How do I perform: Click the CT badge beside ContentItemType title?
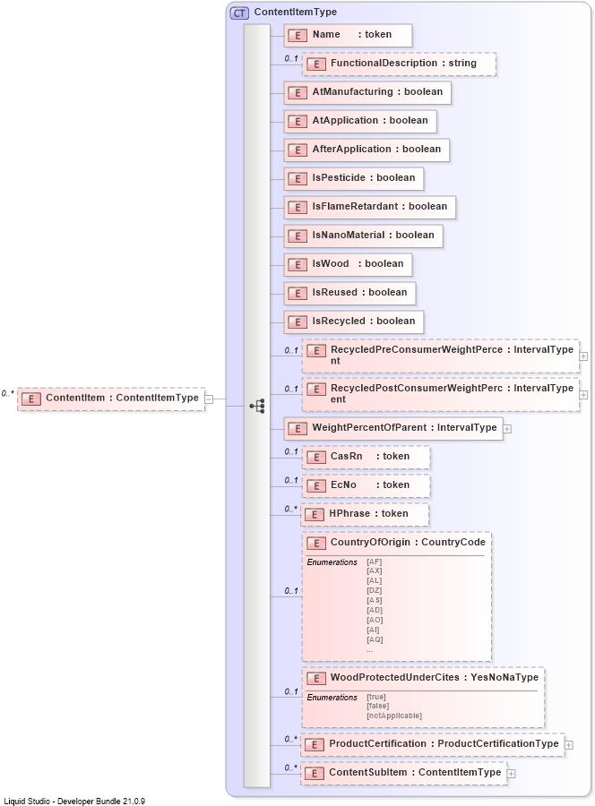coord(240,13)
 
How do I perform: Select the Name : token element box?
coord(348,35)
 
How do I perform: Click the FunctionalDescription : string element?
coord(399,64)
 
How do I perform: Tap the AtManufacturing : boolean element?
coord(366,92)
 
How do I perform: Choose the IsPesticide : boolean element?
coord(353,178)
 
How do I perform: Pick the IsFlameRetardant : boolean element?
coord(369,207)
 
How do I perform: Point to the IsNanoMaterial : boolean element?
coord(363,236)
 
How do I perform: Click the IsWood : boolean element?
coord(348,264)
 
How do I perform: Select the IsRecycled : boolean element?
coord(354,322)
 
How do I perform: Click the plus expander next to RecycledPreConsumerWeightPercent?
coord(584,356)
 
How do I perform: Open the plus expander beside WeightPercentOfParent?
coord(507,428)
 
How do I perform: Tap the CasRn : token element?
coord(366,457)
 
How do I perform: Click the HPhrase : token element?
coord(365,514)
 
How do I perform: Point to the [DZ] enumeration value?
coord(375,590)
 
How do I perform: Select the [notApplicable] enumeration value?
coord(394,716)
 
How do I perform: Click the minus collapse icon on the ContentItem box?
coord(209,399)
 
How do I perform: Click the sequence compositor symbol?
coord(257,406)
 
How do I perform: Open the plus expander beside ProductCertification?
coord(569,744)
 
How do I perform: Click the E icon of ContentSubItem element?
coord(315,773)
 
